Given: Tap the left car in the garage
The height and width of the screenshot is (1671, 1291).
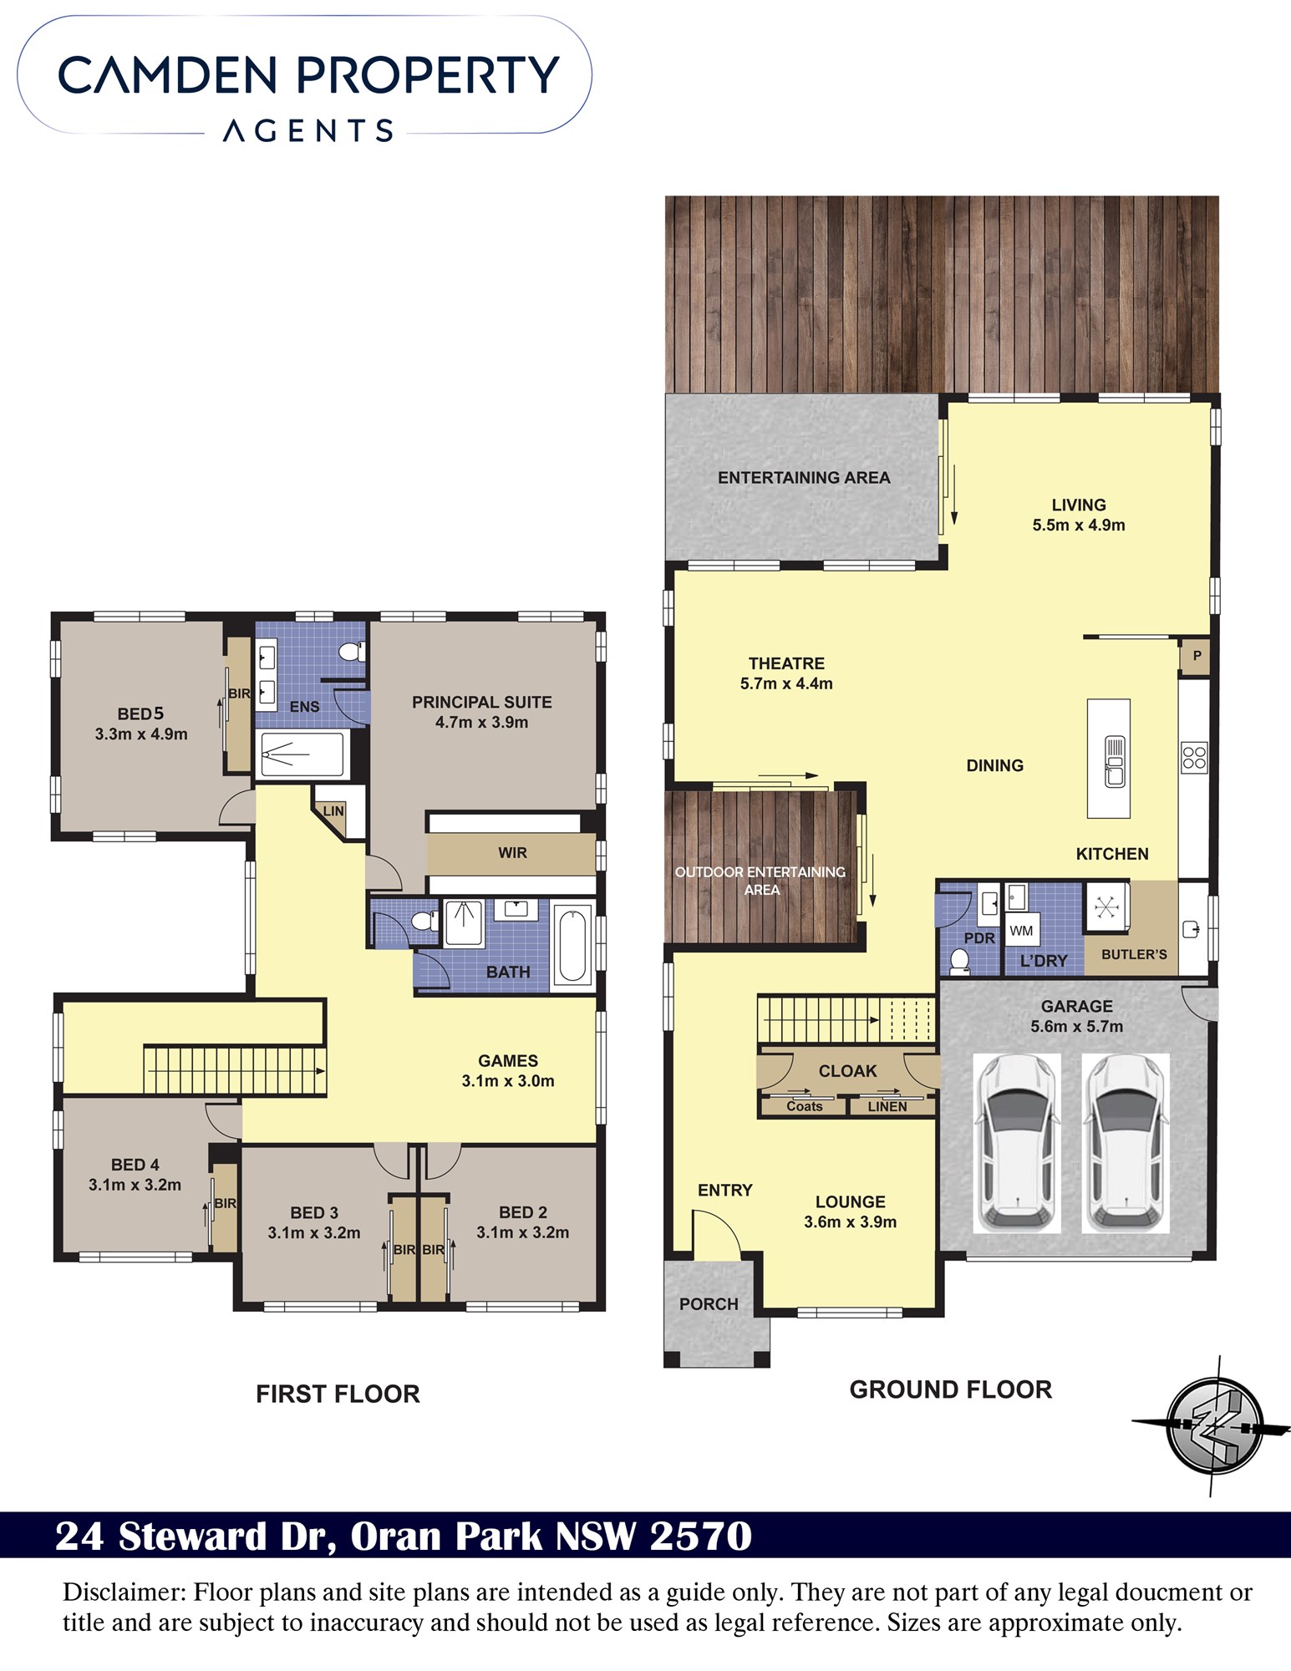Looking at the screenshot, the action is [1017, 1142].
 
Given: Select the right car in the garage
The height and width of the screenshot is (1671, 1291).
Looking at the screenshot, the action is [1125, 1142].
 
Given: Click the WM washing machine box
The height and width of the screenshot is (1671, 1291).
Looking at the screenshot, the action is [1021, 931].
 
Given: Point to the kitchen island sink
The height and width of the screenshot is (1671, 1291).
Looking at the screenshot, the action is [1115, 760].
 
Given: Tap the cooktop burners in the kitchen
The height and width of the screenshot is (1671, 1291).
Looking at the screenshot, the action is [1194, 758].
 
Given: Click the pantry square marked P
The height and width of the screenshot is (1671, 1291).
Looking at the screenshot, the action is [1196, 657].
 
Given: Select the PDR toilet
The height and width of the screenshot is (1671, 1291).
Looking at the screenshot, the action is [960, 962].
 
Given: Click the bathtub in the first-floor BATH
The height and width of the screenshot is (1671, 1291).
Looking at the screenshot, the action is [573, 945].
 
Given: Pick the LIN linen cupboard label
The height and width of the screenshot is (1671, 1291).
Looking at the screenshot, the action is [333, 810].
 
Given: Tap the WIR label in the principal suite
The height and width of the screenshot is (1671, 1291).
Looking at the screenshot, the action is [512, 852].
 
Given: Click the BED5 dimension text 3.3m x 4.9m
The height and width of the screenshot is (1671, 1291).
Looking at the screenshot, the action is [141, 734].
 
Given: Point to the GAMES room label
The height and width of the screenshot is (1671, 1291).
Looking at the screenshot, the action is [508, 1060].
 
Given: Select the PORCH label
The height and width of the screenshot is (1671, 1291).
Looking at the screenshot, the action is [709, 1303].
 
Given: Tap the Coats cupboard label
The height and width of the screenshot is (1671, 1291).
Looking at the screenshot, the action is [805, 1106].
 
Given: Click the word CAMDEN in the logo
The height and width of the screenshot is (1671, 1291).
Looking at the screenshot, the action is [168, 75].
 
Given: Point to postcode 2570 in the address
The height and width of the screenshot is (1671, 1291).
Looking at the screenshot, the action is [700, 1536].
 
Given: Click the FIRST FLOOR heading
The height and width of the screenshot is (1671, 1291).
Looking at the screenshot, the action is [338, 1394].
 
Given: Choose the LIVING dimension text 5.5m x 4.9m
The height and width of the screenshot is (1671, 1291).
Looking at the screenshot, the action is [1079, 525].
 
